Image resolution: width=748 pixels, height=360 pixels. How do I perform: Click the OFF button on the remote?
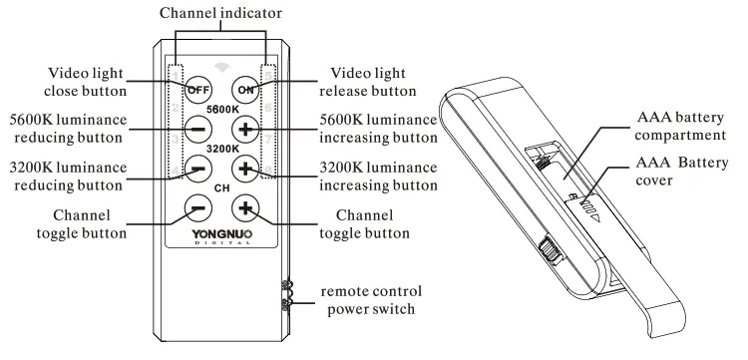pyautogui.click(x=197, y=89)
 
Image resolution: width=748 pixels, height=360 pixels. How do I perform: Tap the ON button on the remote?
pyautogui.click(x=244, y=89)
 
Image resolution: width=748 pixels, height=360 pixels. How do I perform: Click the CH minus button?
pyautogui.click(x=197, y=207)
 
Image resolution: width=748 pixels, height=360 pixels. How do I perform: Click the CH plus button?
pyautogui.click(x=244, y=207)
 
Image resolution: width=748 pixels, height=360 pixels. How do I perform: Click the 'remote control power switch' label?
pyautogui.click(x=371, y=300)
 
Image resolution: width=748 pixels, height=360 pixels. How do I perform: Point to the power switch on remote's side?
pyautogui.click(x=287, y=297)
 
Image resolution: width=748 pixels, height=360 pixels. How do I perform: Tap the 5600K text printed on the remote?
pyautogui.click(x=220, y=109)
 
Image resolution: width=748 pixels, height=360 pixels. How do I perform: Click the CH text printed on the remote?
pyautogui.click(x=220, y=186)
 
